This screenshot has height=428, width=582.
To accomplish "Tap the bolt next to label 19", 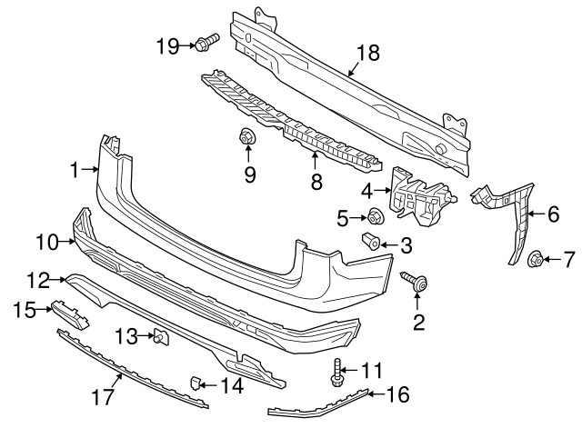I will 206,42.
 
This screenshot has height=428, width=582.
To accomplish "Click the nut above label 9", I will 246,138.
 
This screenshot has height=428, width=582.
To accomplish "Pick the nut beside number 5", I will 373,216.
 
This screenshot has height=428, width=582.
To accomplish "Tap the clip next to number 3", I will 370,243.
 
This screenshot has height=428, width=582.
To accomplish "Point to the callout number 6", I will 553,216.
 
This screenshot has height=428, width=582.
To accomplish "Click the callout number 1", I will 77,168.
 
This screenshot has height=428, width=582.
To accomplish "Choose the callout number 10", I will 47,241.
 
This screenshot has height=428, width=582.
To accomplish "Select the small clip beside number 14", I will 196,380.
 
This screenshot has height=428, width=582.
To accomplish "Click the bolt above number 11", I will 338,371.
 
